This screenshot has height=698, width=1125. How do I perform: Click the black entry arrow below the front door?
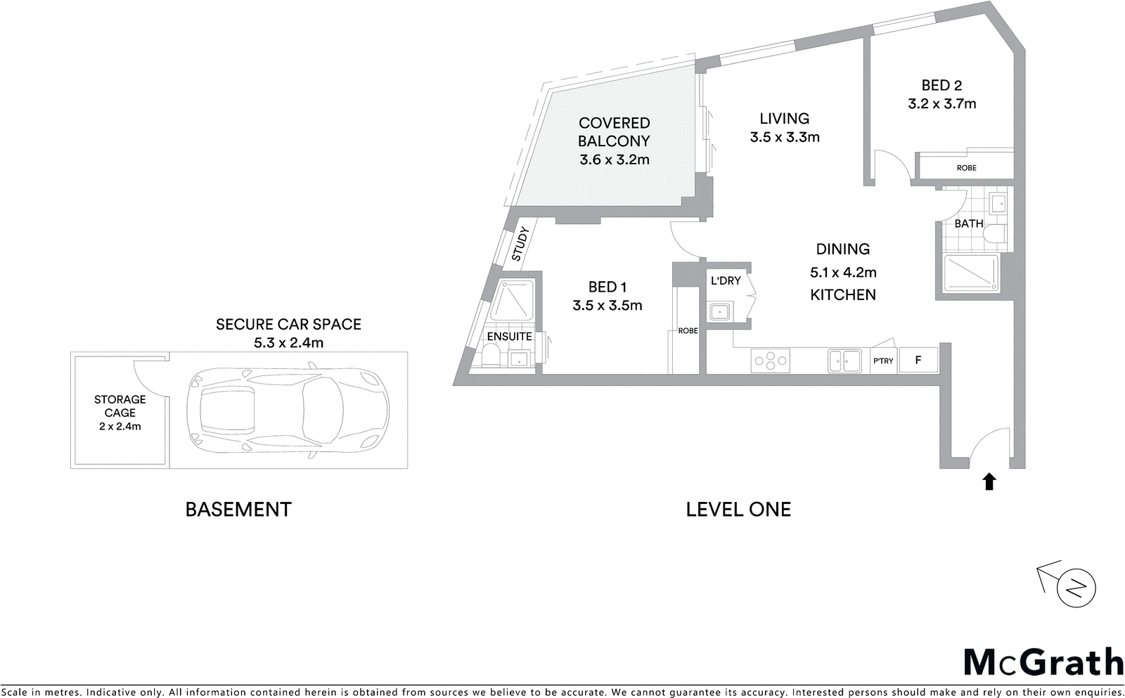click(989, 482)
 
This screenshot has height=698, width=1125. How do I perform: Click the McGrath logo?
click(1043, 663)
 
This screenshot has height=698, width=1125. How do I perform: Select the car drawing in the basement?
click(289, 411)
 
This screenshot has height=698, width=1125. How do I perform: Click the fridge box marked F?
click(918, 360)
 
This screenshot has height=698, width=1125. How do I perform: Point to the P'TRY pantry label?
click(883, 361)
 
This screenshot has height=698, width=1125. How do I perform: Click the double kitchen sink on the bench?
click(844, 361)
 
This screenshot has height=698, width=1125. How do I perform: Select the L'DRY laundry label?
click(726, 280)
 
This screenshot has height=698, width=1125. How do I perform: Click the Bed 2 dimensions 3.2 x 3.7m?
click(941, 104)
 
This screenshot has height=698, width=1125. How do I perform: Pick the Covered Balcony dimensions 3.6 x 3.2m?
click(614, 160)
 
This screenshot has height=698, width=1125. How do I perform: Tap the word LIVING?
click(784, 119)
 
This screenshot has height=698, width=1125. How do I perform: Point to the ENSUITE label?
click(509, 337)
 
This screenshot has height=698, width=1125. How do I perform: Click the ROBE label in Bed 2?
click(966, 168)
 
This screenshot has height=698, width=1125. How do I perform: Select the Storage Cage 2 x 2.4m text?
click(120, 426)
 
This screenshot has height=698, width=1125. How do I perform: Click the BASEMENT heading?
click(238, 510)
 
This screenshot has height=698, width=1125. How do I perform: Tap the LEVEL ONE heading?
click(738, 510)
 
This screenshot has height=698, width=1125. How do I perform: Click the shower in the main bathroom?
click(970, 273)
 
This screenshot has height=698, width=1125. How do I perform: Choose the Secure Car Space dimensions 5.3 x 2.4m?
click(288, 343)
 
